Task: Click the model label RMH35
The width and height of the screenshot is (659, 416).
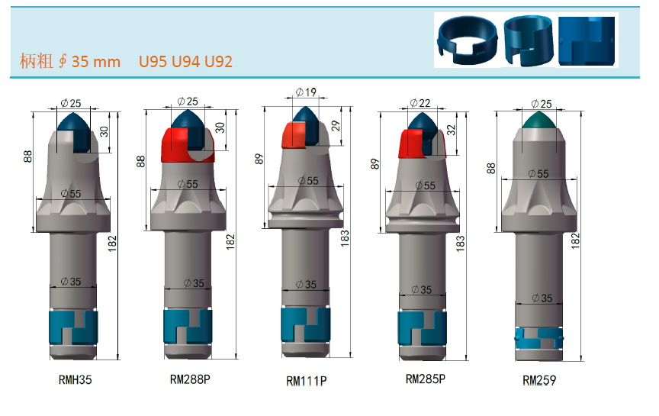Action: [75, 380]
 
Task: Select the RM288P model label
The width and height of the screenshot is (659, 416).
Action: [190, 379]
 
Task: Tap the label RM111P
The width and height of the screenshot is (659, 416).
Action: [306, 381]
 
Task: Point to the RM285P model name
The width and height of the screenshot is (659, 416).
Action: [426, 379]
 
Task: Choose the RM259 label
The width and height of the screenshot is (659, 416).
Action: [539, 381]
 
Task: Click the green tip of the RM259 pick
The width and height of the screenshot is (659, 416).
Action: [540, 121]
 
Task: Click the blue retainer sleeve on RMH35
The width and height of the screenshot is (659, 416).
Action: [73, 327]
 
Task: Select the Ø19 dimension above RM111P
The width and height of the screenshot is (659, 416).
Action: [306, 92]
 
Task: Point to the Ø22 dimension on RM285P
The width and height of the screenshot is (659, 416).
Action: [420, 103]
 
